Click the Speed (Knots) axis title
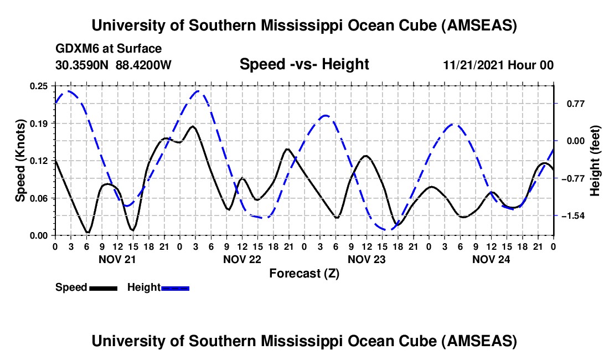pyautogui.click(x=20, y=161)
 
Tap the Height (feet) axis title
pyautogui.click(x=595, y=161)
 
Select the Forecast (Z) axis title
pyautogui.click(x=304, y=273)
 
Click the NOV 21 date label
pyautogui.click(x=117, y=259)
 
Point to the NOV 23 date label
pyautogui.click(x=367, y=259)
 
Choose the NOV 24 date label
pyautogui.click(x=491, y=259)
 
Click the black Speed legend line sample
pyautogui.click(x=103, y=287)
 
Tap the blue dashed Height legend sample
pyautogui.click(x=176, y=287)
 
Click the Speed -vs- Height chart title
pyautogui.click(x=304, y=65)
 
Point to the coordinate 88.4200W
pyautogui.click(x=144, y=65)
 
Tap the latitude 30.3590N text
pyautogui.click(x=83, y=65)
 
